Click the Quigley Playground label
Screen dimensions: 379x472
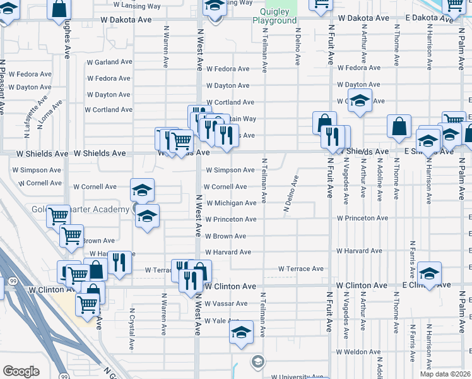274,16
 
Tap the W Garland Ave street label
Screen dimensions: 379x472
108,63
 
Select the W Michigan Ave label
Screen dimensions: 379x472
230,203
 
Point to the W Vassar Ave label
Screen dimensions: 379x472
230,304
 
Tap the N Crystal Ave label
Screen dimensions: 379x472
133,329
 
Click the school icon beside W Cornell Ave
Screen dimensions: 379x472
143,189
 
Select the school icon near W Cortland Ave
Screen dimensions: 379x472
360,101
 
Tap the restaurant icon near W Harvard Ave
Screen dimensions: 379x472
119,262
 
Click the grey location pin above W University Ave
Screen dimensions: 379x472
257,362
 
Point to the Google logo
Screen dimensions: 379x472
21,371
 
